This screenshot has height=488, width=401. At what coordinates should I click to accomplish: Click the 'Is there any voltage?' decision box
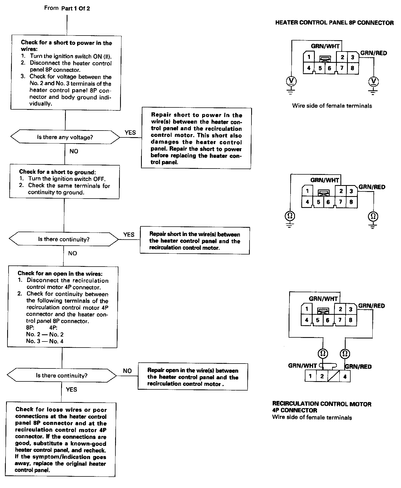(x=65, y=137)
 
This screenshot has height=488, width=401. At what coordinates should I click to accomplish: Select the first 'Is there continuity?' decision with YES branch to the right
(x=64, y=239)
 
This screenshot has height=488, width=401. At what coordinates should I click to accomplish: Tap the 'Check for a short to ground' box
(x=64, y=182)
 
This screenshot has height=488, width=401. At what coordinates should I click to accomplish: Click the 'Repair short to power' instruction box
(x=196, y=138)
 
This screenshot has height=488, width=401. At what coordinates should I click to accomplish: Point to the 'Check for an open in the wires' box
(x=63, y=307)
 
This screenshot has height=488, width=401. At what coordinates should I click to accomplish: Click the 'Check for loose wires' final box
(x=61, y=439)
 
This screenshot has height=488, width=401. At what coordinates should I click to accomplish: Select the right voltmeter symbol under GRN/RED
(x=373, y=82)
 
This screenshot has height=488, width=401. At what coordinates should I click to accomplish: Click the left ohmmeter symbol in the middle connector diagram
(x=290, y=216)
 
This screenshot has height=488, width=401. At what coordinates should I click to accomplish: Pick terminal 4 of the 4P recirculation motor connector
(x=345, y=376)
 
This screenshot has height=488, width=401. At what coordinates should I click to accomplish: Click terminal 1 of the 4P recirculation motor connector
(x=310, y=376)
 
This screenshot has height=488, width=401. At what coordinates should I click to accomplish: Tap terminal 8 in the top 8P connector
(x=352, y=68)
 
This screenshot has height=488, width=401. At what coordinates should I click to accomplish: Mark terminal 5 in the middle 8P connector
(x=318, y=202)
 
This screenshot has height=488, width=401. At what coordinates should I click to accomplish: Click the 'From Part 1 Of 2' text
(x=67, y=8)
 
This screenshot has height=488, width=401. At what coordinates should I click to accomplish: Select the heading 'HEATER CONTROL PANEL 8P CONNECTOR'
(x=334, y=23)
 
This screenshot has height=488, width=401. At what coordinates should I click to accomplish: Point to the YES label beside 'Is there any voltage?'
(x=130, y=132)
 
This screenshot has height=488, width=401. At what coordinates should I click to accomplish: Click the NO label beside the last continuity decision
(x=127, y=371)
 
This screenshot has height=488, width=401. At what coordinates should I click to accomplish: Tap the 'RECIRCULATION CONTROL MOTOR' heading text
(x=322, y=404)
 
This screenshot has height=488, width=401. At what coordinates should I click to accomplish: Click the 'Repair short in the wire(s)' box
(x=195, y=241)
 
